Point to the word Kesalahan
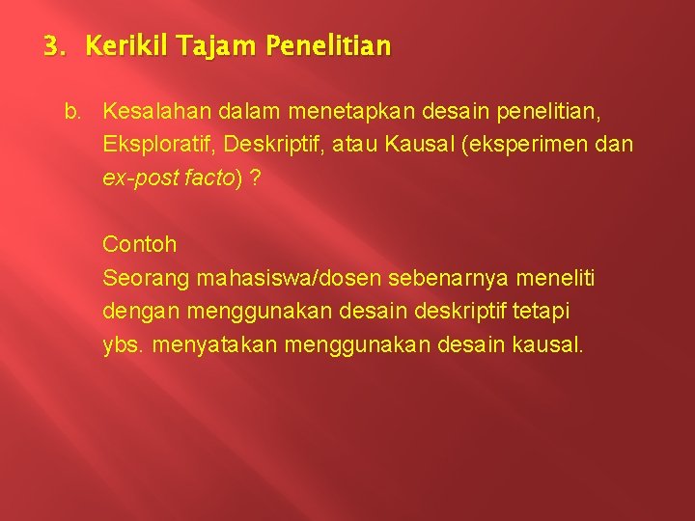154,113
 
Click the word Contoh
140,244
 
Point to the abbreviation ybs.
123,344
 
